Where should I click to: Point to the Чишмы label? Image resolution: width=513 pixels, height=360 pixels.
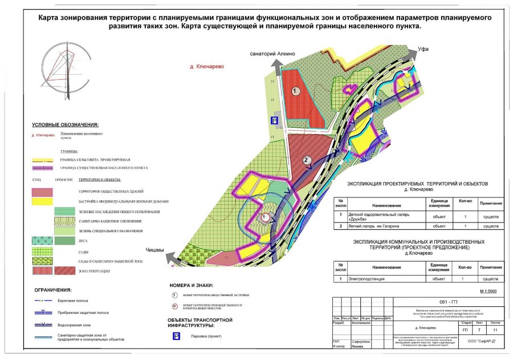pos(154,249)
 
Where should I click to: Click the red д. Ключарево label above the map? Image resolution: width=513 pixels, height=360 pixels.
pos(207,66)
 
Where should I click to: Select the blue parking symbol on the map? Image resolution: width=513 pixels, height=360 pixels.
pos(274,120)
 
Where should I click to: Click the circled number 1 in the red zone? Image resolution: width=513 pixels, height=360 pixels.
pos(295,91)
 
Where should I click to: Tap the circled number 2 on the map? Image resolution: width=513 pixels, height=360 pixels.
pos(307,160)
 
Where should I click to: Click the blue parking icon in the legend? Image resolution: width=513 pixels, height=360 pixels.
pos(176,336)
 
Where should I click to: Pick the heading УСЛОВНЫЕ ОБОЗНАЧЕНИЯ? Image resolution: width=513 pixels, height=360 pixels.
pos(66,124)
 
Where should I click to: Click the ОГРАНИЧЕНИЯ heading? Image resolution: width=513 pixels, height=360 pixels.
pos(52,289)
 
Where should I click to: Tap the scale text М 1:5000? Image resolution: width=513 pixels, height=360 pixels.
pos(488,292)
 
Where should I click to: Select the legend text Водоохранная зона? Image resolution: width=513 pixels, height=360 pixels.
pos(74,325)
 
